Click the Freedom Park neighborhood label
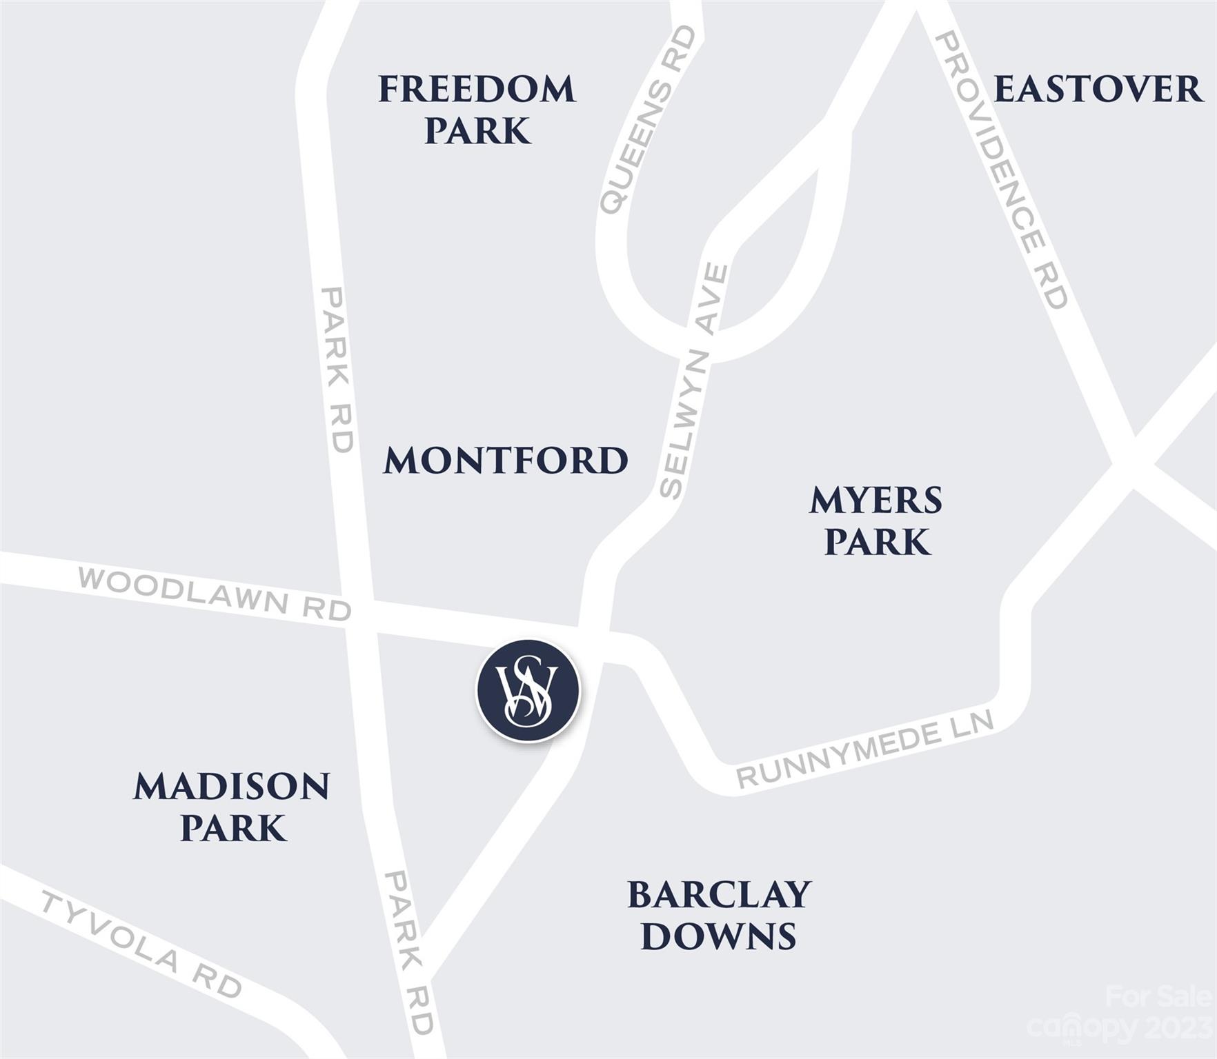click(477, 110)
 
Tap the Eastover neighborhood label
click(1098, 90)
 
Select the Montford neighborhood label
click(506, 461)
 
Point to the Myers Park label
click(876, 521)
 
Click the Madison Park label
click(232, 807)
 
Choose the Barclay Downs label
click(719, 915)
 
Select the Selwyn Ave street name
click(693, 381)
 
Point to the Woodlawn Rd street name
click(215, 594)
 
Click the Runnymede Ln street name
click(865, 749)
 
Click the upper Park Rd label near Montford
click(337, 370)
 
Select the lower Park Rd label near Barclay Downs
click(410, 951)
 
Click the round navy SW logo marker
click(528, 691)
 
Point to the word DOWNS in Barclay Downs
click(719, 936)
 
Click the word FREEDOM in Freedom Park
click(477, 90)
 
